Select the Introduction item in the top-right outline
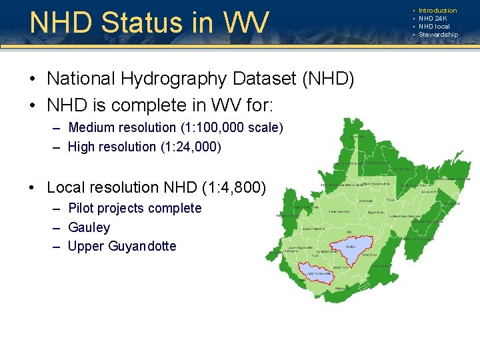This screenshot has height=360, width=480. tap(437, 11)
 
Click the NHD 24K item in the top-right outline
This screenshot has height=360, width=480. tap(433, 19)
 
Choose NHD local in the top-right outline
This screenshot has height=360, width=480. tap(434, 27)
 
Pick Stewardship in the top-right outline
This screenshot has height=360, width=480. tap(438, 35)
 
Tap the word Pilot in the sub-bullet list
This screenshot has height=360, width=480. tap(81, 209)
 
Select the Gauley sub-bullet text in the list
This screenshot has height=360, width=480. tap(89, 228)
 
